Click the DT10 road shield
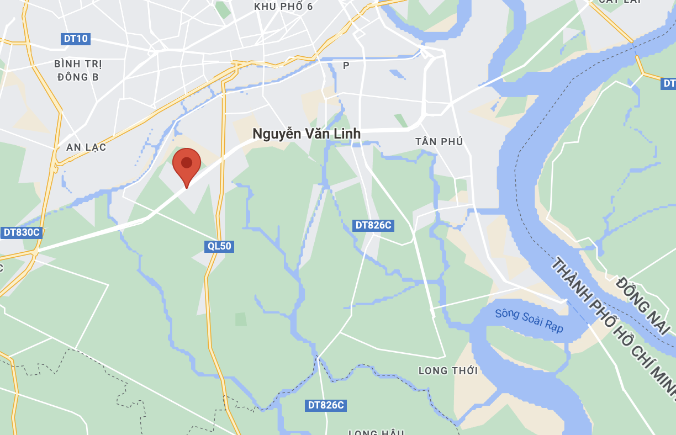[76, 39]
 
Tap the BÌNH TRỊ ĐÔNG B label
[78, 70]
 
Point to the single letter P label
[346, 66]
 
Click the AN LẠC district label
[86, 147]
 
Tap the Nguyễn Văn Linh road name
[307, 134]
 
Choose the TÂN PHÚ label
[439, 142]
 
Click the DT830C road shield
[22, 232]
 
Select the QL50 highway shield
[219, 246]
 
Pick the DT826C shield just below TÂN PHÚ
[373, 225]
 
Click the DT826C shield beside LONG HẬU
[326, 405]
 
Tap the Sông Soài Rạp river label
[529, 320]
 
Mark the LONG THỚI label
[448, 370]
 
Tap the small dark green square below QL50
[241, 319]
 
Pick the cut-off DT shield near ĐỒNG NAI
[669, 83]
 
